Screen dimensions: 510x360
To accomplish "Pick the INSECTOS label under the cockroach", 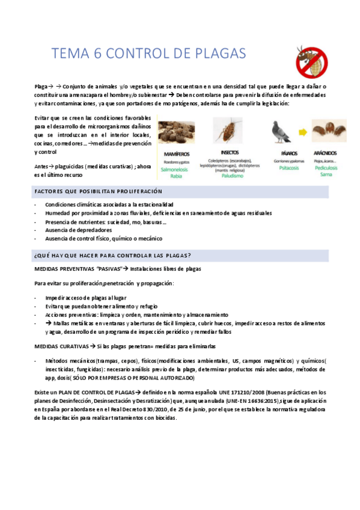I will tap(230, 153).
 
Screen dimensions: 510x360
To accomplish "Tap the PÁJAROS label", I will tap(280, 154).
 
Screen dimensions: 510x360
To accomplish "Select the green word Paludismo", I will tap(230, 177).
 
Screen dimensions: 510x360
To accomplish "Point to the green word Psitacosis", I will tap(280, 169).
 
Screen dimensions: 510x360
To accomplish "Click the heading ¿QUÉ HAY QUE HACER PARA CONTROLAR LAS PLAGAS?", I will tap(113, 255).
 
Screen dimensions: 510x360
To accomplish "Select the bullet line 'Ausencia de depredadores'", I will tap(78, 230).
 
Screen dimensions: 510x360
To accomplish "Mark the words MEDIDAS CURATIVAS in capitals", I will tap(61, 347).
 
